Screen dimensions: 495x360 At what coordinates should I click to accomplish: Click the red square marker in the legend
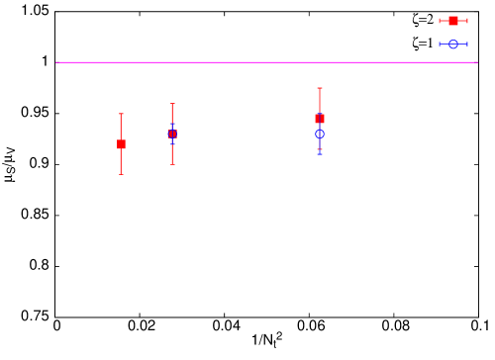(x=453, y=21)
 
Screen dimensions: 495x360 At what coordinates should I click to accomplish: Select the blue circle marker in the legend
(x=453, y=44)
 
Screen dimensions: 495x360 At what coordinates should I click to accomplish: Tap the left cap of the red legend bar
(x=441, y=21)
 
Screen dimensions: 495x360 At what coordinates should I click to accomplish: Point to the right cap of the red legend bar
(x=467, y=21)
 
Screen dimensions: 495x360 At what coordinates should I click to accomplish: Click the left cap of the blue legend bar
(x=441, y=44)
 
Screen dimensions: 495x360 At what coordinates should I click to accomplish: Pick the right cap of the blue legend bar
(x=467, y=44)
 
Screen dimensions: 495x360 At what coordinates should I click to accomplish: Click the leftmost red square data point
(x=122, y=144)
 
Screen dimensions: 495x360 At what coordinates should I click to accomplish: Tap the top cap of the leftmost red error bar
(x=122, y=114)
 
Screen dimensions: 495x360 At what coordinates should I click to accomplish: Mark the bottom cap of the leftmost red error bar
(x=122, y=175)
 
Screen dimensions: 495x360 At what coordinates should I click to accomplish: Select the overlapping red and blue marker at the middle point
(x=172, y=134)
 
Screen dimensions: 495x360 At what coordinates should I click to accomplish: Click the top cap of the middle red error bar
(x=172, y=104)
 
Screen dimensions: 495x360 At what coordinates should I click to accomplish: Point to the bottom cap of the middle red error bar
(x=172, y=164)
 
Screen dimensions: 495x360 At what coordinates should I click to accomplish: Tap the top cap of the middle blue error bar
(x=172, y=124)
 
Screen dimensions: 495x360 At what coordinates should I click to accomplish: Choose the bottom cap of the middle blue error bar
(x=172, y=143)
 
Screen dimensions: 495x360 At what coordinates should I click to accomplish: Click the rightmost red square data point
(x=320, y=119)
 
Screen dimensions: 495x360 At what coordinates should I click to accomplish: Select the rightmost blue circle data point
(x=320, y=134)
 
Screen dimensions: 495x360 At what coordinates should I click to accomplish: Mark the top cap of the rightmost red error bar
(x=320, y=88)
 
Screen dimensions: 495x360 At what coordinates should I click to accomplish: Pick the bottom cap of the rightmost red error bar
(x=320, y=149)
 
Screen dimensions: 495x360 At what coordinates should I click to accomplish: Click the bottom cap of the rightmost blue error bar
(x=320, y=154)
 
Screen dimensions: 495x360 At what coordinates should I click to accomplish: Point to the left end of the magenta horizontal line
(x=56, y=62)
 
